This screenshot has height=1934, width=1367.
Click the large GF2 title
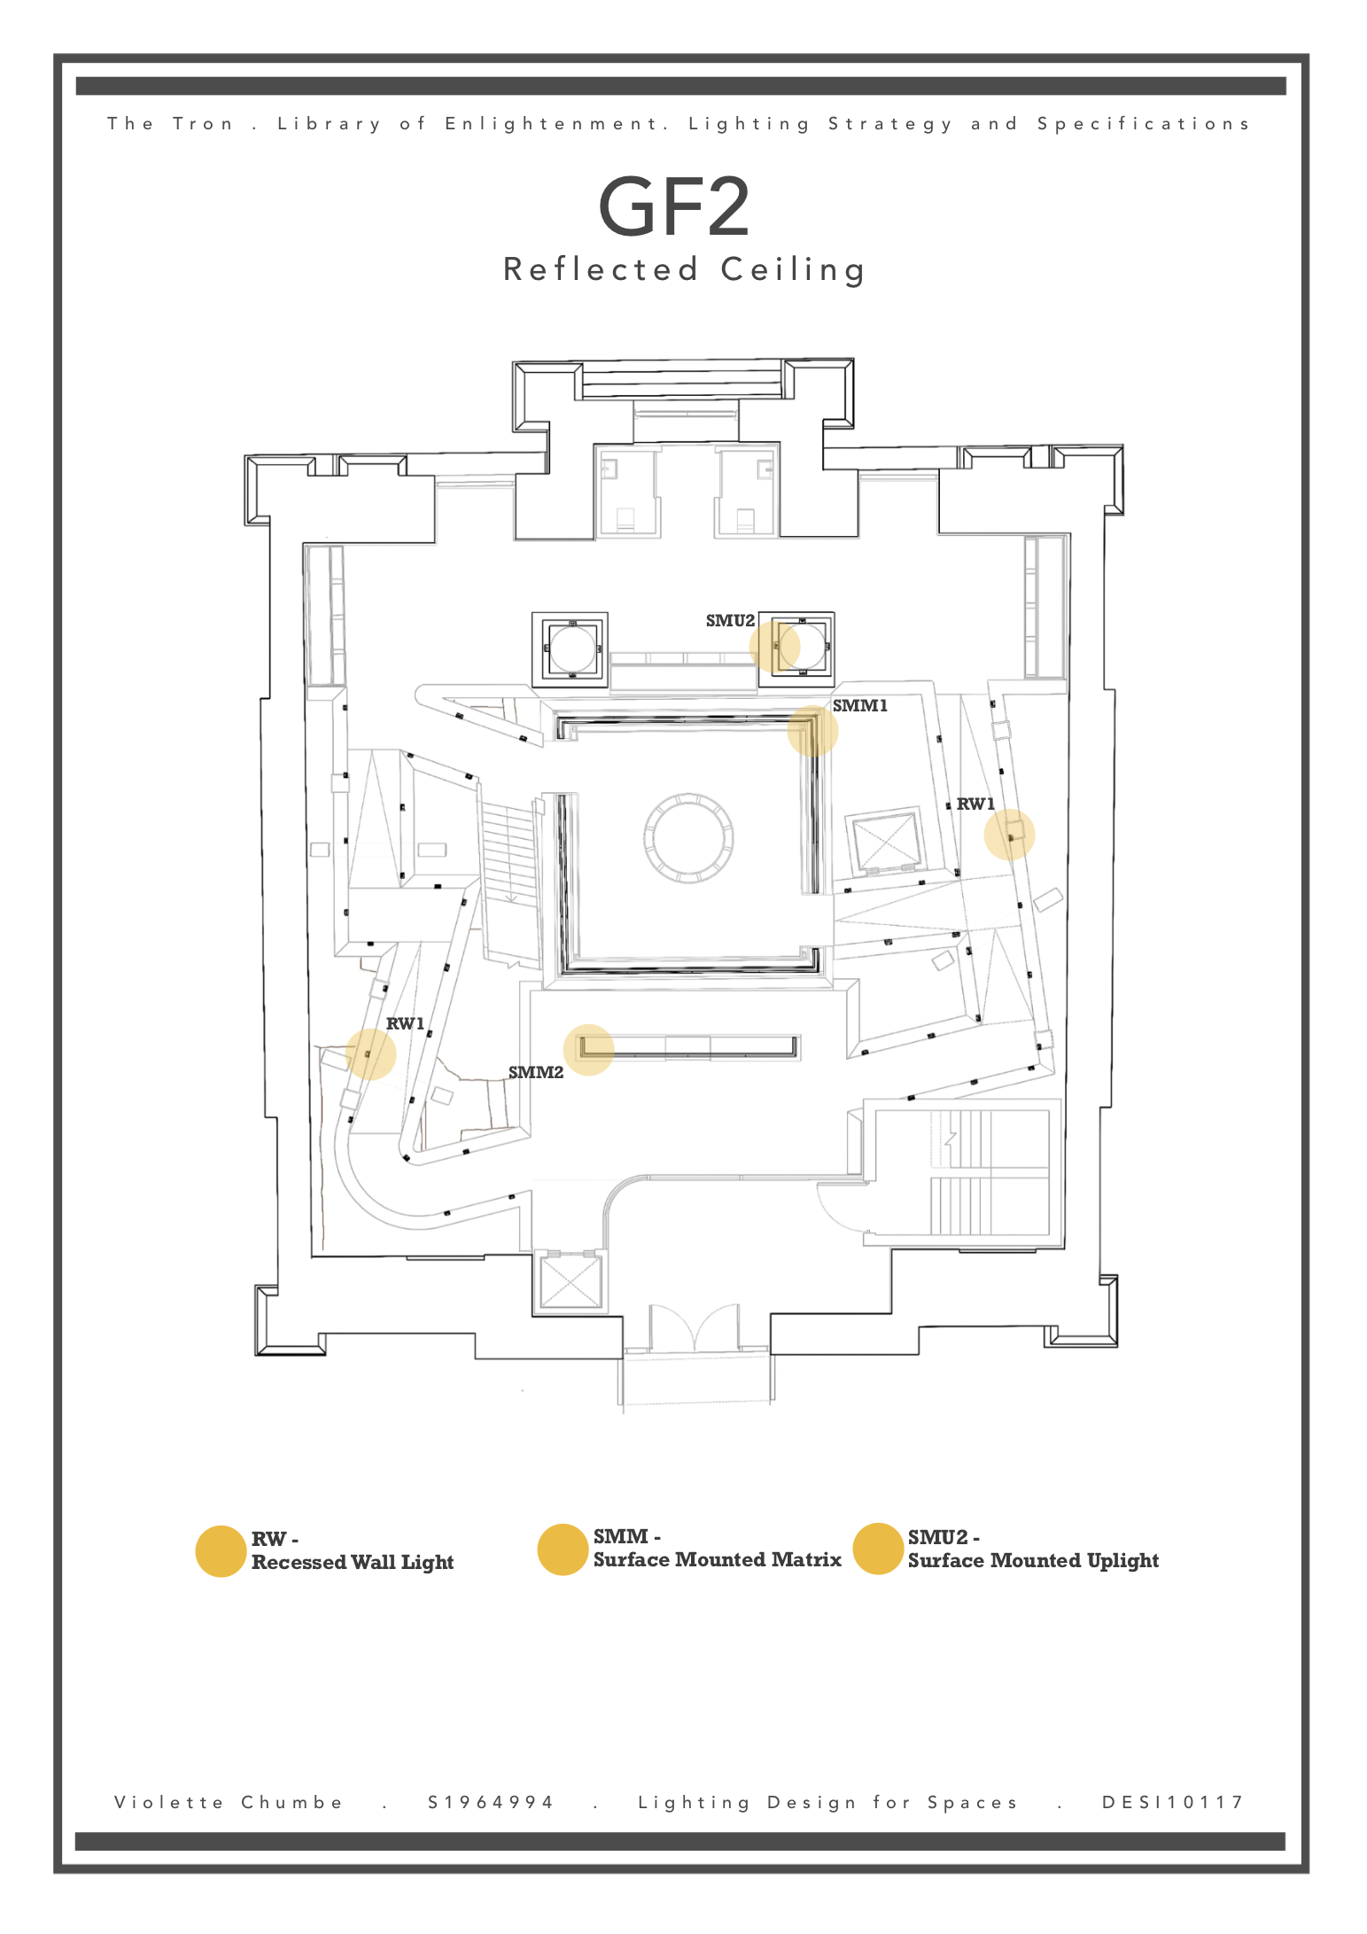click(674, 207)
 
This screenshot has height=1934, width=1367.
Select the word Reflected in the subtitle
click(602, 269)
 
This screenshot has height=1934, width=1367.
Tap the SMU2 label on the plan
click(730, 621)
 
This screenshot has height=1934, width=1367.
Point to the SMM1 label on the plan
click(859, 706)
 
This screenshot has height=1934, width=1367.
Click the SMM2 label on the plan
click(536, 1073)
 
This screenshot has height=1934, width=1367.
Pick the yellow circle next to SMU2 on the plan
click(774, 647)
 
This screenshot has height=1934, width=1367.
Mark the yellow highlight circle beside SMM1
click(812, 731)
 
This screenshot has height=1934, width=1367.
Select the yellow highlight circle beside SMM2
click(588, 1050)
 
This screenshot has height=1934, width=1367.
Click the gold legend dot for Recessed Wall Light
click(221, 1551)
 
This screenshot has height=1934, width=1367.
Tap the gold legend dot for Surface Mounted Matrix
click(563, 1550)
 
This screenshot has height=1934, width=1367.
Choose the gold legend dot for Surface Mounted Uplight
click(878, 1550)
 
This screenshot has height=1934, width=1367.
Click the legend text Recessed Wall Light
click(353, 1563)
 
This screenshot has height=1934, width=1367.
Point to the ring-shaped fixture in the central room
click(688, 838)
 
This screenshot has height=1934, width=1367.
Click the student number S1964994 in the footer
click(491, 1803)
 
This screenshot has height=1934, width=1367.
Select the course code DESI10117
click(1173, 1803)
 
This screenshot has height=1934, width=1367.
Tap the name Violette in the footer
click(169, 1803)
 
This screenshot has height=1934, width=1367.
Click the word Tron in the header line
click(203, 124)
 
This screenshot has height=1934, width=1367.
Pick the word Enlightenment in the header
click(556, 124)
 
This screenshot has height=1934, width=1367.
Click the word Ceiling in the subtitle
click(793, 269)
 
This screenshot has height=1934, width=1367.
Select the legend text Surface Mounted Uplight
click(1033, 1561)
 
